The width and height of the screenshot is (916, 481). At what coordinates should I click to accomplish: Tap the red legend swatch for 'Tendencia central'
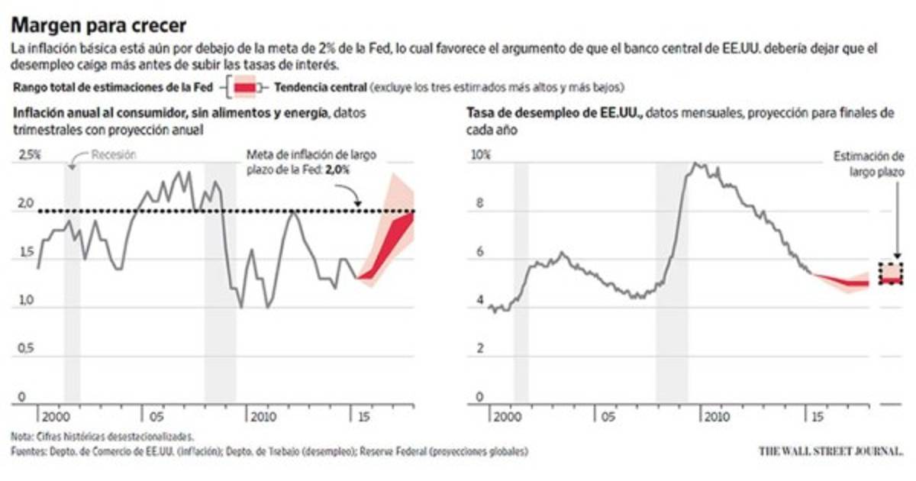pyautogui.click(x=245, y=88)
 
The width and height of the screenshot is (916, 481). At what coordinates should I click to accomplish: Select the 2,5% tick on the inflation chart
pyautogui.click(x=29, y=154)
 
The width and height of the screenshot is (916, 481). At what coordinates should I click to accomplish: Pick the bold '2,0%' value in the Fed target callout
pyautogui.click(x=337, y=171)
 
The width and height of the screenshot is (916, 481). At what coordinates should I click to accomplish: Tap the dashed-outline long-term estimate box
pyautogui.click(x=891, y=273)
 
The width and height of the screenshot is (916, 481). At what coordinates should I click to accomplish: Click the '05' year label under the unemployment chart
pyautogui.click(x=608, y=418)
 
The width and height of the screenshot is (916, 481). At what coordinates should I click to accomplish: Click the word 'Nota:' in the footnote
pyautogui.click(x=24, y=437)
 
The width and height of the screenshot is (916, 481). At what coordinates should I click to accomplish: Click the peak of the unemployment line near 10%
pyautogui.click(x=695, y=163)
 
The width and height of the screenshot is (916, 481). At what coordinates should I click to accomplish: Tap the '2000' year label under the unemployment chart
pyautogui.click(x=507, y=418)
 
